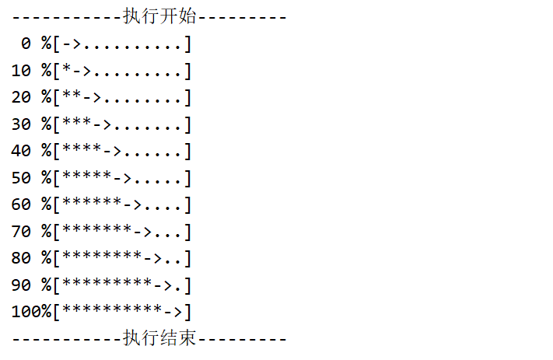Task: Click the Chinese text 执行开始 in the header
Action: click(x=159, y=16)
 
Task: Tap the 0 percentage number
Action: click(x=26, y=44)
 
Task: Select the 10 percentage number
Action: click(x=21, y=71)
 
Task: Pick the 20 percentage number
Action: click(x=21, y=97)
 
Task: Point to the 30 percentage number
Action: click(x=21, y=124)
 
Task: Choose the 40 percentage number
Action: click(x=21, y=151)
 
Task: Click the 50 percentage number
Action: click(x=21, y=178)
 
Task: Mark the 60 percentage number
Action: click(x=21, y=204)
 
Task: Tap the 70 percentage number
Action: click(x=21, y=232)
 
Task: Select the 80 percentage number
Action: click(x=21, y=258)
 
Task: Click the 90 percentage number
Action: click(x=21, y=285)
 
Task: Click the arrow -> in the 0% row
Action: click(x=72, y=44)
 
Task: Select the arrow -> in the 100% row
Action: click(x=173, y=312)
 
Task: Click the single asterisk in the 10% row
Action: click(x=67, y=70)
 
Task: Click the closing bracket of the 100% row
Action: click(x=187, y=312)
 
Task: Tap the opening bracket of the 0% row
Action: click(x=57, y=44)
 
